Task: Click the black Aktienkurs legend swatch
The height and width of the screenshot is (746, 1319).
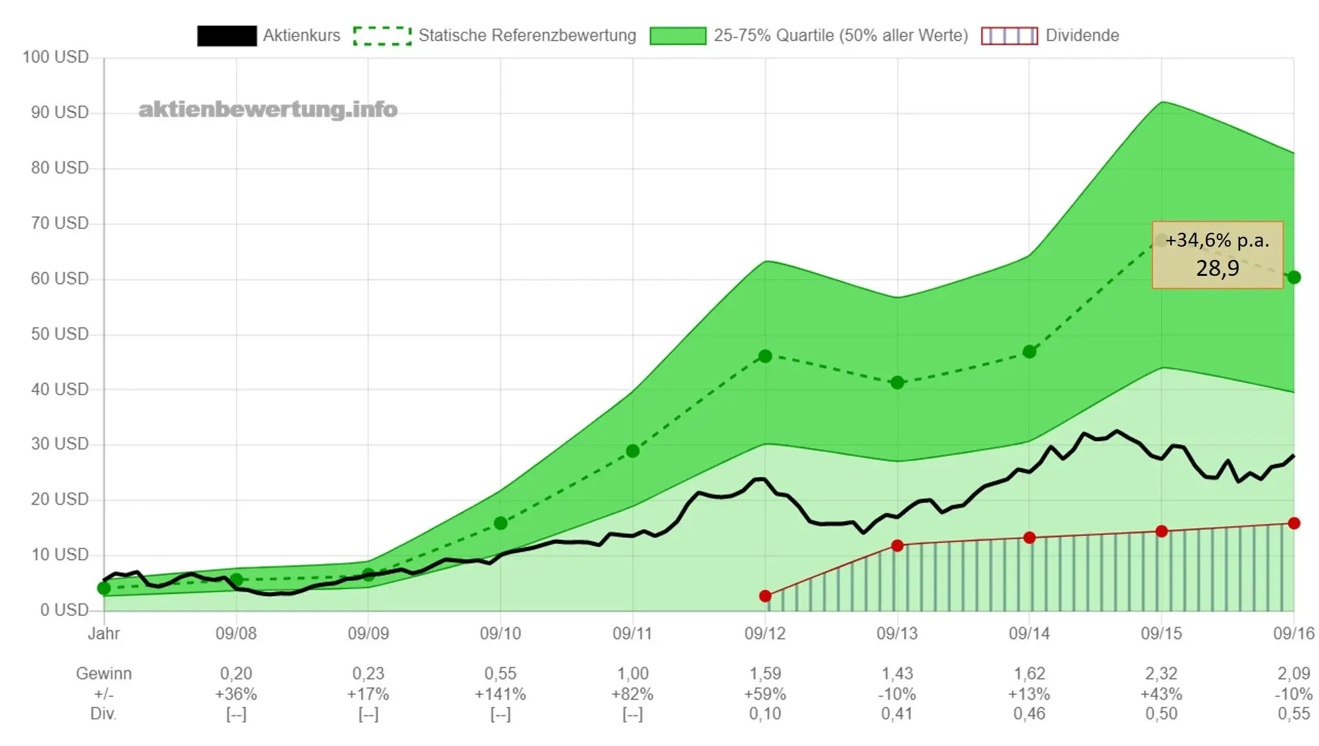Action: click(227, 36)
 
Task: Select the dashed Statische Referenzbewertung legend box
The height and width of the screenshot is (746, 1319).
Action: click(382, 36)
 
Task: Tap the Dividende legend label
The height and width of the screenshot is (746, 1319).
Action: click(1082, 35)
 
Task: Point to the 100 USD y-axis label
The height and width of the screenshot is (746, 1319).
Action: click(56, 57)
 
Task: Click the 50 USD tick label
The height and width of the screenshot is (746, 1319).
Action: click(60, 334)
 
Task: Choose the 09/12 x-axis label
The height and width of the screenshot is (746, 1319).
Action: click(765, 633)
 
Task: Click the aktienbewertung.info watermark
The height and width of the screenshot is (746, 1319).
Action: click(268, 109)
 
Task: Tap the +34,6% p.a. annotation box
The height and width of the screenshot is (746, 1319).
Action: click(1217, 255)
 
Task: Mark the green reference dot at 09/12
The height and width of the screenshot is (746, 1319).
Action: click(765, 356)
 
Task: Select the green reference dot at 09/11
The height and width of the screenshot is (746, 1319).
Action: click(633, 451)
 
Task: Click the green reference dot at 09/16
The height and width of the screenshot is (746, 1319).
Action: click(1294, 277)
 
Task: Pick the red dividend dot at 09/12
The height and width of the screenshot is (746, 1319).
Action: click(765, 596)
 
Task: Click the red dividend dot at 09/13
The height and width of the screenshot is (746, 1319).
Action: click(897, 546)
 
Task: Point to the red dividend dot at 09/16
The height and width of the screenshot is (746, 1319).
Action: click(1294, 523)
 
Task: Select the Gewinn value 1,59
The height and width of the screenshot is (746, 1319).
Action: click(765, 674)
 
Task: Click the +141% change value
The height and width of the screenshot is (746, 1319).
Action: click(500, 694)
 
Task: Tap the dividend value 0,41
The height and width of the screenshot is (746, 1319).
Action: click(897, 714)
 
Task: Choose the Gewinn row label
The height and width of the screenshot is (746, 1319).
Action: click(104, 674)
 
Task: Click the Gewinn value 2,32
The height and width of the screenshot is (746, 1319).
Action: click(1161, 674)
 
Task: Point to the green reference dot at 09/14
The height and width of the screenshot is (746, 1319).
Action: click(1029, 351)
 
